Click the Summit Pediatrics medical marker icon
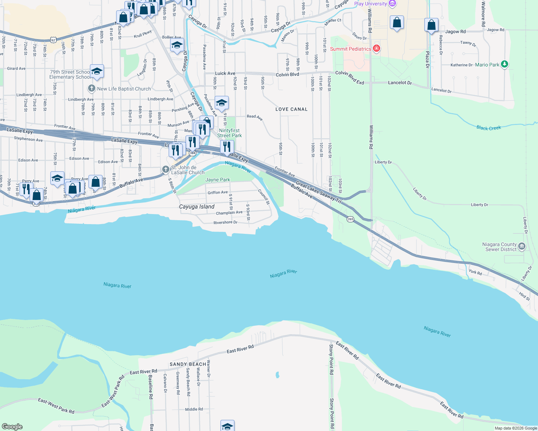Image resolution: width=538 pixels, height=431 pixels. (376, 48)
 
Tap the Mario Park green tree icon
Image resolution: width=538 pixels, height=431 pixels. (505, 64)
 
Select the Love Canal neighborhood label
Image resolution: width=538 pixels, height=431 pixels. (291, 109)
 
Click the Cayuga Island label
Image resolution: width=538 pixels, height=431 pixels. (197, 207)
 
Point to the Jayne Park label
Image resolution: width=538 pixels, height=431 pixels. (218, 180)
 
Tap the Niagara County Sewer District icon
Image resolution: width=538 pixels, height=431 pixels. (522, 246)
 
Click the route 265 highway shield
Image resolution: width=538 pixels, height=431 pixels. (350, 219)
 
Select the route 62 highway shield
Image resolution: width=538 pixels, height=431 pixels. (53, 40)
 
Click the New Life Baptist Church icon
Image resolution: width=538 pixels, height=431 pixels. (92, 88)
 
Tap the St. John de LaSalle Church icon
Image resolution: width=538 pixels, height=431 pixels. (165, 169)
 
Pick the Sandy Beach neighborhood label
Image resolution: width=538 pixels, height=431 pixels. (188, 364)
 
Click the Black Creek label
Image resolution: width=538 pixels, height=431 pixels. (488, 128)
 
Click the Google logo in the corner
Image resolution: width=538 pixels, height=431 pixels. (12, 426)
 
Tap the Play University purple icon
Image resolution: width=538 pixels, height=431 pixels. (392, 4)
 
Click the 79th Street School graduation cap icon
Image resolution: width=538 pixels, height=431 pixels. (97, 71)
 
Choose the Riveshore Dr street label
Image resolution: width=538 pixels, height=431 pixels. (225, 222)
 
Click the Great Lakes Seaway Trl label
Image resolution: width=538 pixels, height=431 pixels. (318, 193)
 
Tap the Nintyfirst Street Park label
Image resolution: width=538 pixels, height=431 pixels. (229, 133)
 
